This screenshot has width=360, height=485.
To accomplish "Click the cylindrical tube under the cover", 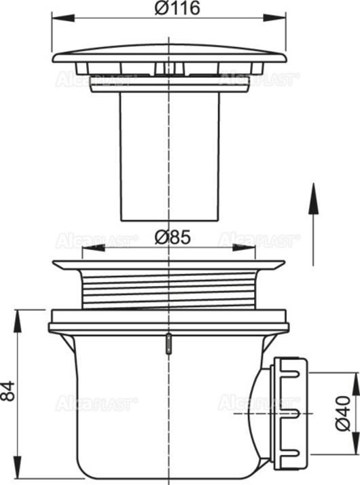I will tap(169, 156).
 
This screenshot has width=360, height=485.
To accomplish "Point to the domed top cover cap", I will tap(168, 54).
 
